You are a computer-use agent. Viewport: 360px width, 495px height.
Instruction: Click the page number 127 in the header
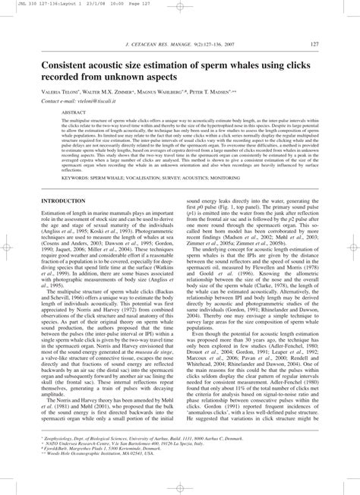324,45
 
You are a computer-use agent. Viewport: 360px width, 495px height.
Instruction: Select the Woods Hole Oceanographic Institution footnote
106,475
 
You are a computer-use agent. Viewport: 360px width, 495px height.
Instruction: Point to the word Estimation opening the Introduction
58,214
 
